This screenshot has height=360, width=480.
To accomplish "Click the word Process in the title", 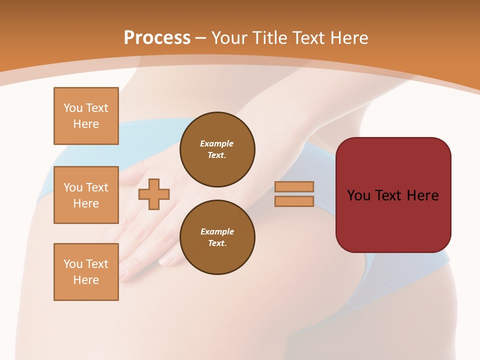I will click(x=157, y=38).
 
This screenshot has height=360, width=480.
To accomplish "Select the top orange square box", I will click(x=86, y=116).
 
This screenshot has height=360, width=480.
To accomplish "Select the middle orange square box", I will click(x=86, y=195).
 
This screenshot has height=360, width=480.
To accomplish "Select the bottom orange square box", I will click(x=86, y=272).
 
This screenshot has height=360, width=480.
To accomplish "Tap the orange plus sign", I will click(x=154, y=194).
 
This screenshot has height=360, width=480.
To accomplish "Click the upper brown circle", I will click(x=217, y=149).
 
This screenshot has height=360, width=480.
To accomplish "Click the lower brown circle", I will click(x=217, y=237).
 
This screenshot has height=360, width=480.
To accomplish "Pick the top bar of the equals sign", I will click(x=294, y=186).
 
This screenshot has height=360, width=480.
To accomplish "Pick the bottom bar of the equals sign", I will click(x=294, y=201).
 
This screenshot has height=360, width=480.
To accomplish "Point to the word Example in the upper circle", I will click(x=217, y=143).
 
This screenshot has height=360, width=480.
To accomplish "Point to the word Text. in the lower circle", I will click(x=217, y=243).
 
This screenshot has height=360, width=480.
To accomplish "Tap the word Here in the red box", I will click(x=422, y=195).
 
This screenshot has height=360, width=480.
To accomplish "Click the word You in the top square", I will click(x=73, y=108).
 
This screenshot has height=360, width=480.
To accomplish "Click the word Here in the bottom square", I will click(x=86, y=280).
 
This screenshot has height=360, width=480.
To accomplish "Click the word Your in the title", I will click(x=229, y=38).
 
